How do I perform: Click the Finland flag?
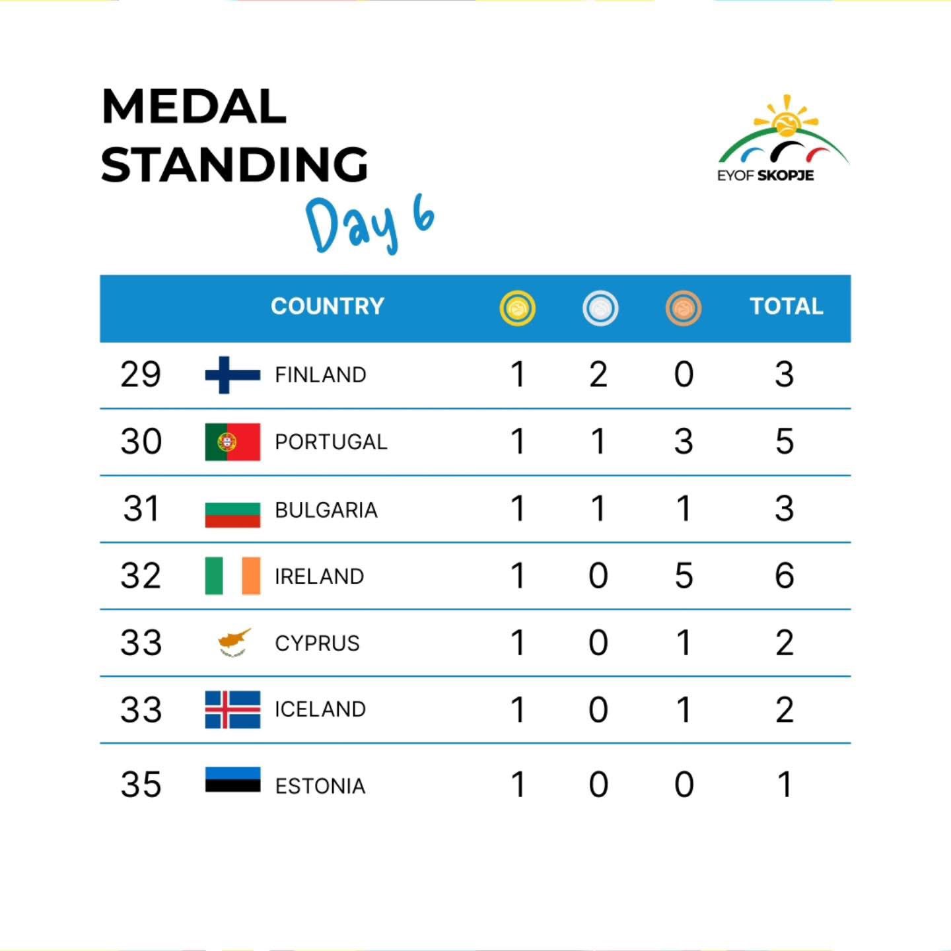tap(232, 374)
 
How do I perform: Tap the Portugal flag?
tap(232, 442)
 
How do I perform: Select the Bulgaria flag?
tap(232, 514)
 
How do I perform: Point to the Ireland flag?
tap(232, 576)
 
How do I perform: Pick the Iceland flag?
tap(232, 710)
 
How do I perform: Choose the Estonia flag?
tap(232, 779)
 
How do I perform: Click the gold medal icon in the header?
tap(517, 308)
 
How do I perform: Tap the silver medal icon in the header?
tap(600, 308)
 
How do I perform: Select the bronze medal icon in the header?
tap(684, 308)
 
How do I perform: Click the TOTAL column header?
tap(786, 306)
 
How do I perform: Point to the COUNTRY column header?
tap(327, 306)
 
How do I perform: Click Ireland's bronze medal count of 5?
tap(684, 575)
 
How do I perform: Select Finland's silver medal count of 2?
tap(598, 374)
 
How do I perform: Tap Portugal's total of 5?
tap(784, 441)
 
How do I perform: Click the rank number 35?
tap(141, 785)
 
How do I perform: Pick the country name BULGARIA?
tap(326, 510)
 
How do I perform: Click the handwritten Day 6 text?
tap(370, 225)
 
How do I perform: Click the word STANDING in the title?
tap(234, 164)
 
